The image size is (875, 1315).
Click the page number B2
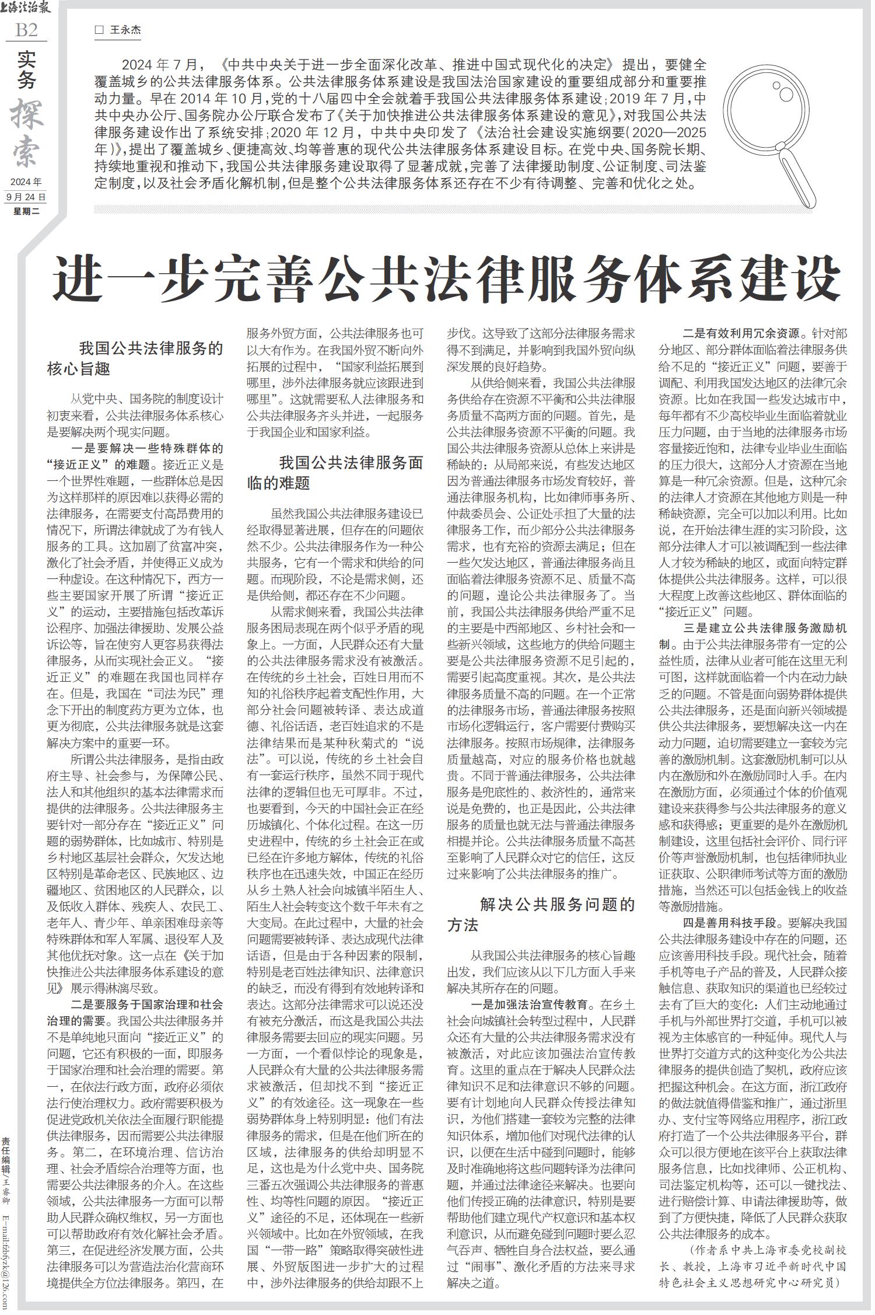[x=26, y=30]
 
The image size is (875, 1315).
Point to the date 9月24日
[x=26, y=197]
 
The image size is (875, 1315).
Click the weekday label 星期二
[x=26, y=211]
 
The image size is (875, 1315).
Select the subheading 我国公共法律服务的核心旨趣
[x=135, y=359]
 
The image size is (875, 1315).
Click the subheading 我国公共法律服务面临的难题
[x=335, y=473]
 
